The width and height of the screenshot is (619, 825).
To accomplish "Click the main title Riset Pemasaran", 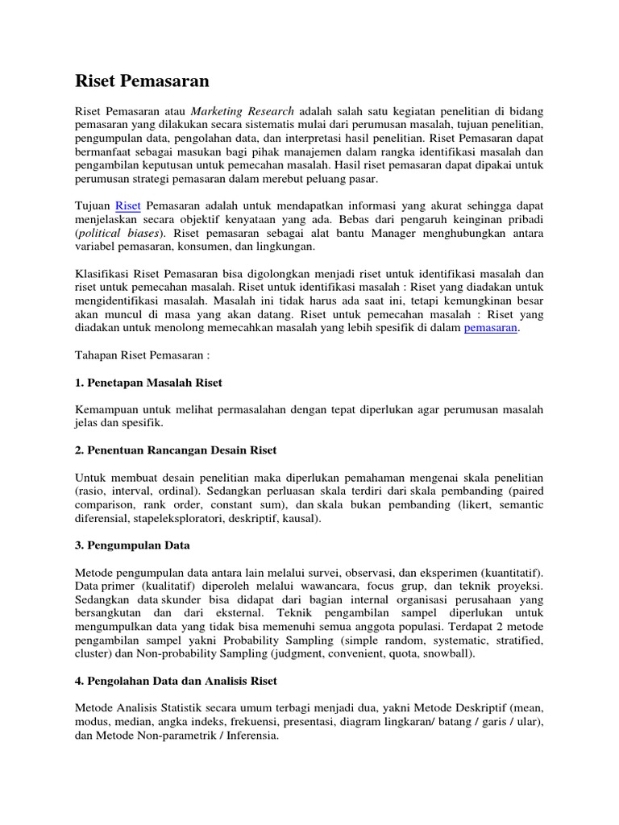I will tap(142, 81).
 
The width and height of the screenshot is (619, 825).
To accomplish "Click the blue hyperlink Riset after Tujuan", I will tap(129, 205).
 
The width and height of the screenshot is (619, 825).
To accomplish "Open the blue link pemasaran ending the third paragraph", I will tap(492, 328).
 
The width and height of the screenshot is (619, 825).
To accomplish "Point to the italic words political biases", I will tap(123, 233).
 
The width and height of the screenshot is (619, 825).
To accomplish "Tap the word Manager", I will tap(401, 233).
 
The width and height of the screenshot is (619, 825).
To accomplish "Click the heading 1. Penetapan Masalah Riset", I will tap(148, 382).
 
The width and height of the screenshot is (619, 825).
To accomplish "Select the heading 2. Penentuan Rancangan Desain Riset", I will tap(176, 450).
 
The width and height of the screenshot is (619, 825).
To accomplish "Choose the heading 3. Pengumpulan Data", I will tap(132, 545).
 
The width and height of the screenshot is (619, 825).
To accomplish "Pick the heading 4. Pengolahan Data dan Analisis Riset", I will tap(176, 681).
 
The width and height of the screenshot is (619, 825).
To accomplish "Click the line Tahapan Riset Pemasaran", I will tap(143, 354).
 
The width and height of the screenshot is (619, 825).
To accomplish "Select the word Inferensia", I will tap(247, 736).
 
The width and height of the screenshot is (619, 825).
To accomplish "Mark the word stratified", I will tap(515, 641).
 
